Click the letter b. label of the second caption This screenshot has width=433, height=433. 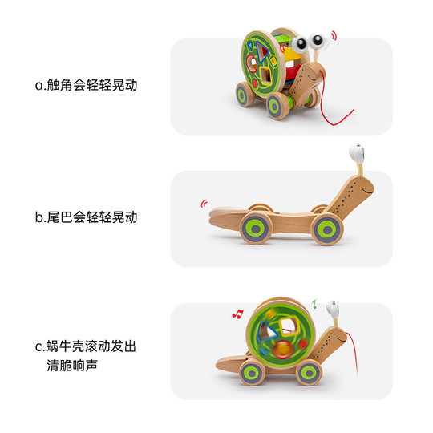(x=39, y=216)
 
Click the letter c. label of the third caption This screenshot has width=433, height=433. (x=39, y=347)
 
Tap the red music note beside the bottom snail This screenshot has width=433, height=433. (x=237, y=313)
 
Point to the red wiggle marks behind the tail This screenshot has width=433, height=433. (x=201, y=204)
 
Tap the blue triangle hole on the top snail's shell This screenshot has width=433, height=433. (x=254, y=47)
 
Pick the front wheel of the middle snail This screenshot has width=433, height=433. (x=328, y=229)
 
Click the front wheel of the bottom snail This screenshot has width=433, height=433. (x=309, y=372)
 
